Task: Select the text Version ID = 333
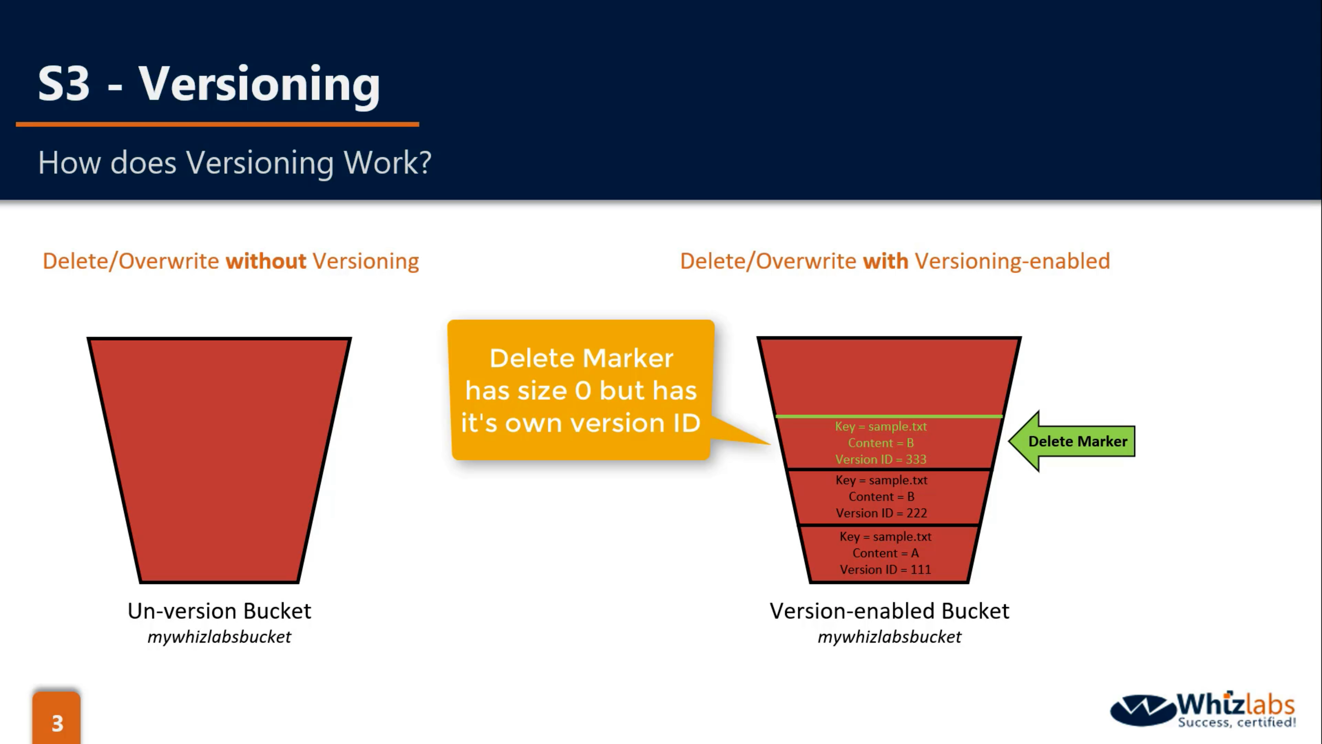tap(881, 459)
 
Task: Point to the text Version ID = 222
tap(881, 513)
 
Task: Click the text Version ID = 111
tap(885, 569)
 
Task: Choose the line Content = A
tap(885, 553)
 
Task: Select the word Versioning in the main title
tap(259, 85)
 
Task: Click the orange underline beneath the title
tap(217, 124)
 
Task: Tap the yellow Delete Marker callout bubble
tap(580, 390)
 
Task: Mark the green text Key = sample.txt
tap(881, 426)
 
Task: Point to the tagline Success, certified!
tap(1237, 722)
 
